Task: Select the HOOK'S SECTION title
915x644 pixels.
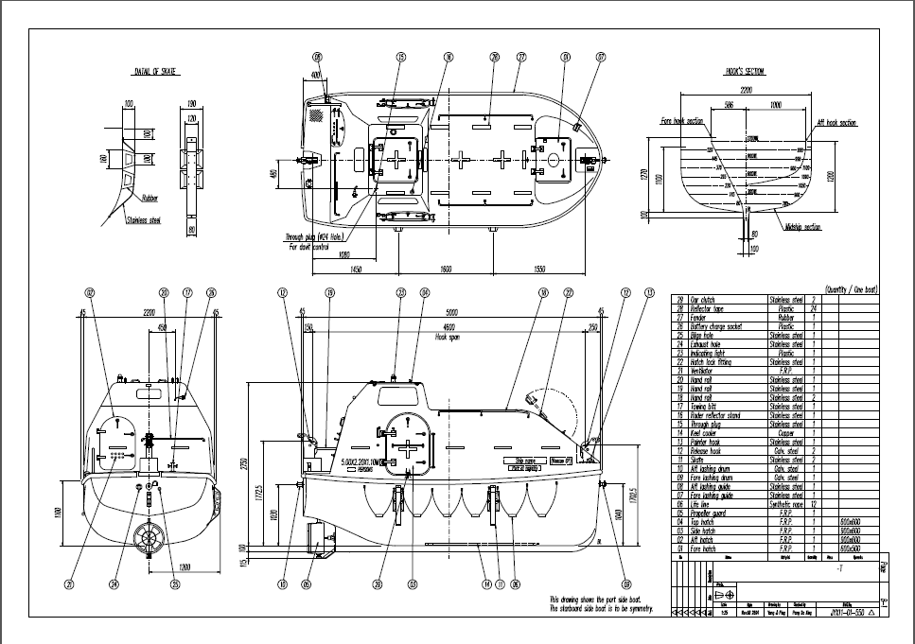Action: click(x=746, y=71)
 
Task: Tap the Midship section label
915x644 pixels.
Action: click(x=802, y=227)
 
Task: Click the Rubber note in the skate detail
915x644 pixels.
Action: click(x=150, y=199)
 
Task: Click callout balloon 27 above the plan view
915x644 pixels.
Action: click(x=521, y=57)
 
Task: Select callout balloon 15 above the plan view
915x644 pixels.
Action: click(x=401, y=57)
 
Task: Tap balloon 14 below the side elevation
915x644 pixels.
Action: click(x=487, y=584)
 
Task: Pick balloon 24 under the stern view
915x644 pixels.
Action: click(x=114, y=584)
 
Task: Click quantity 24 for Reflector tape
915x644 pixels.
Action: click(x=814, y=308)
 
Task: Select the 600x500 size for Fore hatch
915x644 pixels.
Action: click(x=850, y=548)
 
